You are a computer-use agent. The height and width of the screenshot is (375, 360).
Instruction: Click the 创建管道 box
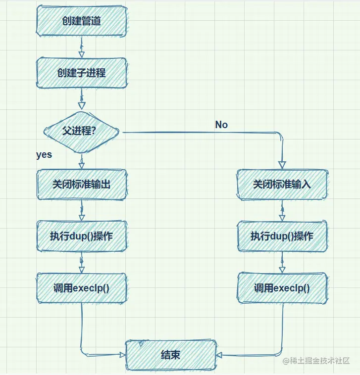[82, 21]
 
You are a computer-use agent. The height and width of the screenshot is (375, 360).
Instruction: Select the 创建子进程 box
[82, 73]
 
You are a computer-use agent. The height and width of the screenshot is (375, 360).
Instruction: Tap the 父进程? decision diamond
[82, 132]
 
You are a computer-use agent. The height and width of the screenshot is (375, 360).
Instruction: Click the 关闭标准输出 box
[82, 184]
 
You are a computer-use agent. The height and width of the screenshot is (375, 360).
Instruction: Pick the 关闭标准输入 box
[282, 184]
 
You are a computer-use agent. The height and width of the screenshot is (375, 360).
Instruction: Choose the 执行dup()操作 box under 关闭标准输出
[82, 236]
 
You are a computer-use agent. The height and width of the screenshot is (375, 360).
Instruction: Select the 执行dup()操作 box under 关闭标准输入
[282, 236]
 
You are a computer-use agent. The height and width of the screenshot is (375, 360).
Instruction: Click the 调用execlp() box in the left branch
[82, 288]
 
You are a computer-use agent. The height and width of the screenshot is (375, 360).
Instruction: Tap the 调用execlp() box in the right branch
[282, 288]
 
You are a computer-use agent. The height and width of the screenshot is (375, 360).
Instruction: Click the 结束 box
[171, 355]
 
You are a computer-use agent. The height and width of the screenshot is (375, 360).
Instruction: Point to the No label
[221, 125]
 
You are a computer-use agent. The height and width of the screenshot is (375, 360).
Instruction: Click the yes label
[44, 155]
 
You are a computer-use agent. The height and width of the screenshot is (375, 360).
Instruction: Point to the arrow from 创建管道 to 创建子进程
[82, 47]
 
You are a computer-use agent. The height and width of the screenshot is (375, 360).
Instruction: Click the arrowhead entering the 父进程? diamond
[82, 105]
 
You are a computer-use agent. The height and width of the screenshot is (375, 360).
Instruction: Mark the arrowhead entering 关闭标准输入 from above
[282, 165]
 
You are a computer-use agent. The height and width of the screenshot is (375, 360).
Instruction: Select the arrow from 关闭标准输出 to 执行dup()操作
[82, 210]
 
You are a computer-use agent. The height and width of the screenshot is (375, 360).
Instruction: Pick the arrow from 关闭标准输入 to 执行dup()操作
[282, 210]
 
